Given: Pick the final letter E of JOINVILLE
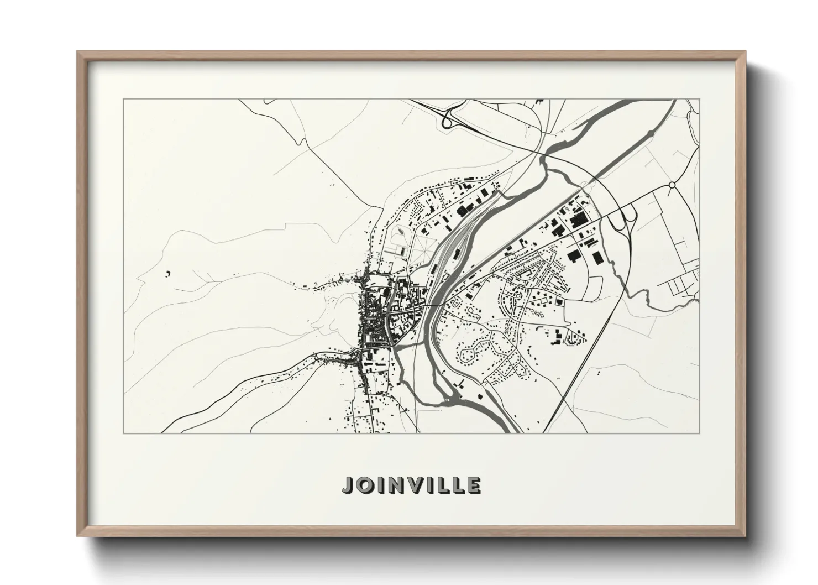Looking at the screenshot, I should click(x=474, y=485).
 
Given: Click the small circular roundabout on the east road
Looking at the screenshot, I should click(x=672, y=185).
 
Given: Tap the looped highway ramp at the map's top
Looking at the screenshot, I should click(x=449, y=117).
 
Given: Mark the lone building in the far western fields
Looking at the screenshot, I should click(x=167, y=272).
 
